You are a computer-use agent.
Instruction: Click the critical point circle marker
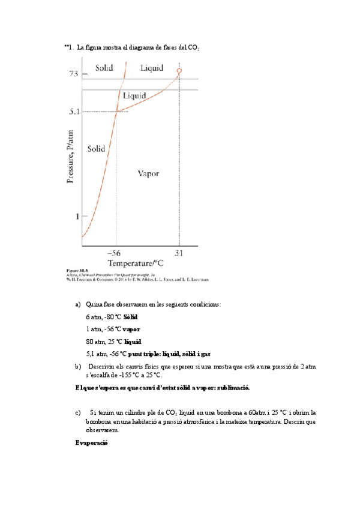pyautogui.click(x=179, y=71)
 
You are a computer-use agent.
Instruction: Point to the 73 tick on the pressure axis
pyautogui.click(x=73, y=73)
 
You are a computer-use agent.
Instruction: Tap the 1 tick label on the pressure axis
pyautogui.click(x=76, y=216)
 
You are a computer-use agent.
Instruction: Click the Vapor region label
pyautogui.click(x=148, y=173)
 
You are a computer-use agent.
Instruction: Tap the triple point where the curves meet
pyautogui.click(x=116, y=111)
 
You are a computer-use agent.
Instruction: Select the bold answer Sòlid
pyautogui.click(x=130, y=317)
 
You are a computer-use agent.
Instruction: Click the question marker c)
pyautogui.click(x=78, y=412)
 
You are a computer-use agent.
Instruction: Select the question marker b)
pyautogui.click(x=78, y=366)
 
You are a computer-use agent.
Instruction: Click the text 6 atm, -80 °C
pyautogui.click(x=104, y=317)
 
